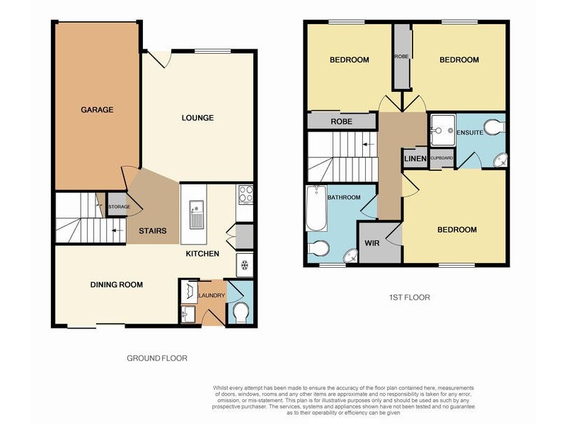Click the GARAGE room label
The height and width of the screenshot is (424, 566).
coord(97,110)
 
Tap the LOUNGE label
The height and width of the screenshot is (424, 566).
coord(197,117)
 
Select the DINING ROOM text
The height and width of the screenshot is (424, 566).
coord(117,285)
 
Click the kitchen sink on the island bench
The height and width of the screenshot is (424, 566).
coord(197,215)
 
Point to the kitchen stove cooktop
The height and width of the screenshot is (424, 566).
coord(246,194)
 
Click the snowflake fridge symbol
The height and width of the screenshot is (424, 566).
coord(245,266)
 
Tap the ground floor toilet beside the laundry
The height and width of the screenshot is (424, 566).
coord(241,313)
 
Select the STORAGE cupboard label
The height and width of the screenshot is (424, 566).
coord(120,206)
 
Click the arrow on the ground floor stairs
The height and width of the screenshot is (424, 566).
coord(117,230)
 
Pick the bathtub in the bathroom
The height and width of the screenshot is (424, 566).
coord(316,208)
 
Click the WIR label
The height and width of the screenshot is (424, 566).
coord(372,243)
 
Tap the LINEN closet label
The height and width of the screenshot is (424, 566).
coord(415,158)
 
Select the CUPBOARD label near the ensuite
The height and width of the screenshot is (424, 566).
coord(441,158)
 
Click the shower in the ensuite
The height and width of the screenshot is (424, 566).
coord(443,130)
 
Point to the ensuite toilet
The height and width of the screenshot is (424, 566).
coord(495,127)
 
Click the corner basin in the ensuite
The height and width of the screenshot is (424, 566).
coord(501,160)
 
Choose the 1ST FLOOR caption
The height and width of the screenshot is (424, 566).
coord(410,298)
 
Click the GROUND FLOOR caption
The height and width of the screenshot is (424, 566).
coord(157,358)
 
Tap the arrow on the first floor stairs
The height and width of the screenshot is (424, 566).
coord(368,145)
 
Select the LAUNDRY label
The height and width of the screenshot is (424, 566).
coord(212,295)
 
